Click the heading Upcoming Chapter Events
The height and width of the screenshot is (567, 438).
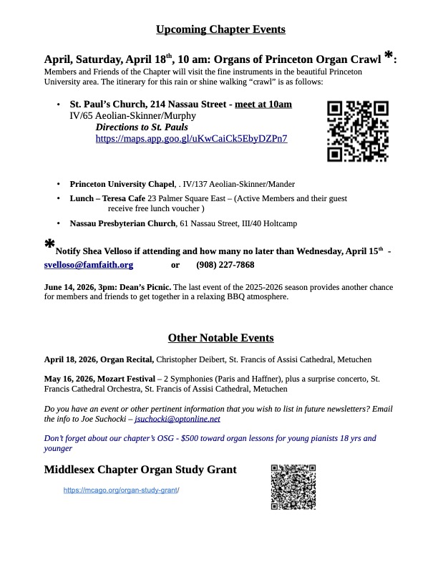220,29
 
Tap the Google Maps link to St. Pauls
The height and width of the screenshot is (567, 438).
191,138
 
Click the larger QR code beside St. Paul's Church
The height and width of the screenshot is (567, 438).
357,132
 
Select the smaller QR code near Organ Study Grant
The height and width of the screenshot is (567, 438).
293,487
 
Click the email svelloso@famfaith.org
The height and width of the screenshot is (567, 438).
89,265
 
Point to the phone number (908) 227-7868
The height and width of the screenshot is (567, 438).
225,265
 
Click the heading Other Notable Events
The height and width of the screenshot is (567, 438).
220,338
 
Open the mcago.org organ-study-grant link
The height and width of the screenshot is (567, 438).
121,490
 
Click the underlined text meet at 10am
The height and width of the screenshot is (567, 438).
263,105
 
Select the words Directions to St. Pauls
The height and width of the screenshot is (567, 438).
142,127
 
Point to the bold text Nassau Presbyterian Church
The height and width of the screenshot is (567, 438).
122,224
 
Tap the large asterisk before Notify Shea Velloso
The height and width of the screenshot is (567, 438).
49,246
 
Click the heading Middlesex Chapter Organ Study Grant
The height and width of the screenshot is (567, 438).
140,470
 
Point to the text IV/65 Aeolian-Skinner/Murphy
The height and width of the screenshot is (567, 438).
132,115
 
